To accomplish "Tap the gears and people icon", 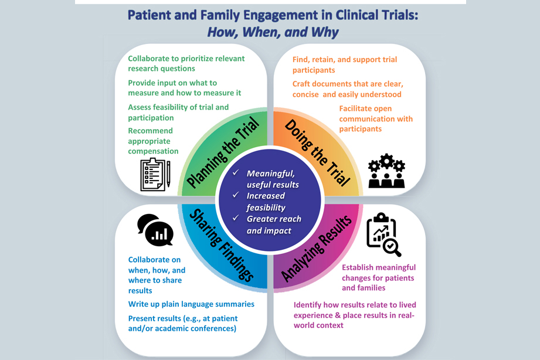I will [386, 171].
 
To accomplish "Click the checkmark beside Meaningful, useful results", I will [236, 174].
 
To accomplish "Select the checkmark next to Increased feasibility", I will [236, 196].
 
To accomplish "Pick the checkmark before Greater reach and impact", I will [236, 219].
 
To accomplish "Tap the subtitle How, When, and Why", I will [273, 32].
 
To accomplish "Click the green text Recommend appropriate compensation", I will [153, 141].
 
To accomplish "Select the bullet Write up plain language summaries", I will [191, 304].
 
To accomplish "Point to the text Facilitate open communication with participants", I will [375, 118].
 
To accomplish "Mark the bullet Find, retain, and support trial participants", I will [344, 64].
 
